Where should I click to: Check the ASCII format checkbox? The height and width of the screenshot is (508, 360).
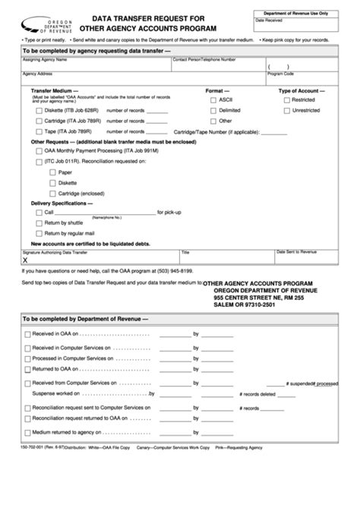[x=213, y=99]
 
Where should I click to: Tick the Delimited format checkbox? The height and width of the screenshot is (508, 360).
[x=213, y=110]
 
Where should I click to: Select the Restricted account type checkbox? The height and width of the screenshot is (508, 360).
[x=286, y=99]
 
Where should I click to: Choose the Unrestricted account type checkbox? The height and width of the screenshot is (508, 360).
[x=286, y=110]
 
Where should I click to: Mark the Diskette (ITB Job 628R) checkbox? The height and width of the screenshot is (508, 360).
[x=39, y=110]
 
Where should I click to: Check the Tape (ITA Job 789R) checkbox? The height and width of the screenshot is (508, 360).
[x=39, y=131]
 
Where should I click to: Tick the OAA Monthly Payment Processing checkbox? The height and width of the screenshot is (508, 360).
[x=39, y=151]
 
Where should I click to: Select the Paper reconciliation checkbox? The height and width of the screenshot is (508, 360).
[x=52, y=172]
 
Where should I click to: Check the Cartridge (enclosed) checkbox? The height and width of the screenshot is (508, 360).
[x=52, y=193]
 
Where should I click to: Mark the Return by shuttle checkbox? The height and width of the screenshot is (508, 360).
[x=39, y=222]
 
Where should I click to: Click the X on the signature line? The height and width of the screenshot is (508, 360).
[x=26, y=259]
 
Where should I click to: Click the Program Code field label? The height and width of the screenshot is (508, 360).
[x=280, y=74]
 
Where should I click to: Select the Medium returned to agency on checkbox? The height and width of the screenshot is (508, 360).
[x=28, y=431]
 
